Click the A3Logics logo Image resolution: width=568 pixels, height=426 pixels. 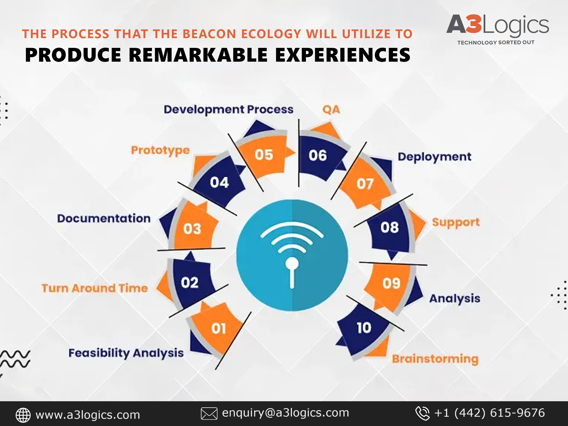497,29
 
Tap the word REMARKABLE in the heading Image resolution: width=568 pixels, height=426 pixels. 198,55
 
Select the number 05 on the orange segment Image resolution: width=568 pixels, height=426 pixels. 264,155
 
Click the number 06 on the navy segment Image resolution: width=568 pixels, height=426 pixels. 318,156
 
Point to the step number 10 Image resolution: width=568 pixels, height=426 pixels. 364,328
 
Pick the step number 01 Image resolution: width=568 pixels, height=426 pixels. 218,329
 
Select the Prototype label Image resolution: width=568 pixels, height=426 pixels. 160,151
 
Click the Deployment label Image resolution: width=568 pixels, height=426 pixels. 435,157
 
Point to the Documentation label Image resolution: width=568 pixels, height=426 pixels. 104,218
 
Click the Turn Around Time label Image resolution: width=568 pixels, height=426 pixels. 95,288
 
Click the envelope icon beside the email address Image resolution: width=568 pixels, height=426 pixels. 209,413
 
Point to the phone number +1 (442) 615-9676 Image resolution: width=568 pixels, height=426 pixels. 489,413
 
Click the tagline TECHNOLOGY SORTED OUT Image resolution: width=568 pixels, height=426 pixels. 496,42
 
